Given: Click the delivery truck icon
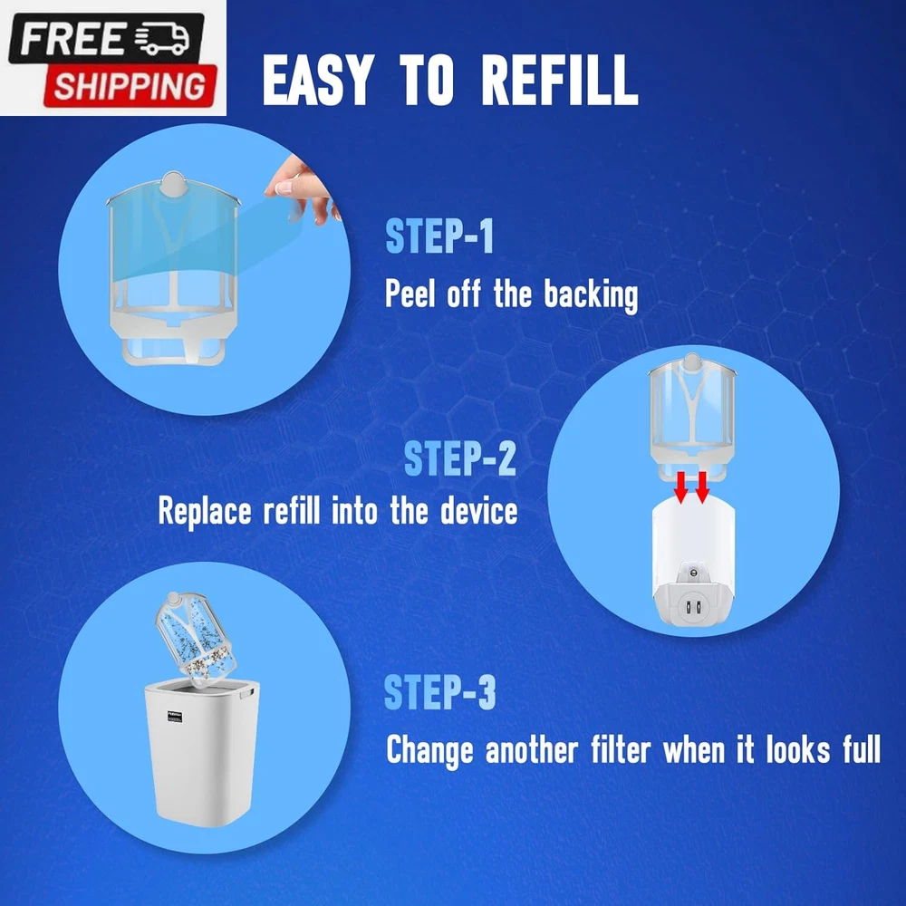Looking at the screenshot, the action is point(163,39).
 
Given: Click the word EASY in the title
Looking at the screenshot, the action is point(315,81).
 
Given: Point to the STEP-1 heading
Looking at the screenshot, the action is point(439,236).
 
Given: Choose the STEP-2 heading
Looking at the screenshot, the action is point(460,458).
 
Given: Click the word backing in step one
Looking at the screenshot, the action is point(591,295).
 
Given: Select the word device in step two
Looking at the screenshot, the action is point(479,511).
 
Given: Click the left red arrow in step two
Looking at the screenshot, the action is point(682,487).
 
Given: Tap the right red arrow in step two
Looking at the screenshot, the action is point(702,487).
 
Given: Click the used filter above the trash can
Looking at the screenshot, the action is point(197,640).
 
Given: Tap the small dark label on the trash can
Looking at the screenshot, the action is point(176,716).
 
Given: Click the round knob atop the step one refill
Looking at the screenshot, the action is point(173,185).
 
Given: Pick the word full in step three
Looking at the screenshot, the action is point(863,749).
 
